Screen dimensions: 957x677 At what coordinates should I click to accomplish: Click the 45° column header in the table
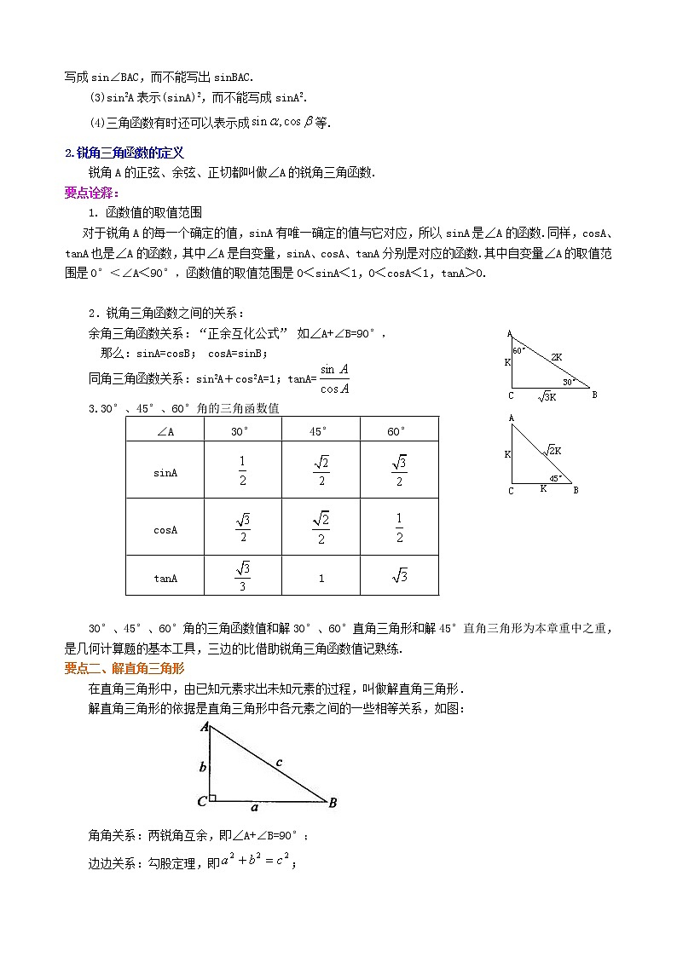click(321, 431)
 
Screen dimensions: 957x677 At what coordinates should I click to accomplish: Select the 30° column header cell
click(242, 431)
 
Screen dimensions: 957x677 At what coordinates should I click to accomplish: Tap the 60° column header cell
click(398, 431)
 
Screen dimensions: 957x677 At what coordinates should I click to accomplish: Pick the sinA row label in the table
click(165, 471)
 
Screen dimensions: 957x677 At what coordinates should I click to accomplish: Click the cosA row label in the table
click(165, 529)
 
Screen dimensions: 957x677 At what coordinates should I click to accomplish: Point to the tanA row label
click(165, 578)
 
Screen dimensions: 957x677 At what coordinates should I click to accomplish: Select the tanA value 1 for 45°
click(321, 578)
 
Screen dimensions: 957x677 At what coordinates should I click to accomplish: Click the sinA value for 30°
click(242, 471)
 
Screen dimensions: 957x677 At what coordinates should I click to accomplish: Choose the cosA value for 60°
click(399, 528)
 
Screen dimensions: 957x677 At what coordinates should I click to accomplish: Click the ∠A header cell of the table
click(165, 431)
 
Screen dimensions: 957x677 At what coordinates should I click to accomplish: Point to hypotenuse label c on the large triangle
click(279, 763)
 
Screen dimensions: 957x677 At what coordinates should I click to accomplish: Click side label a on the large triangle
click(254, 808)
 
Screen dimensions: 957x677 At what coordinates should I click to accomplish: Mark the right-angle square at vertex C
click(212, 798)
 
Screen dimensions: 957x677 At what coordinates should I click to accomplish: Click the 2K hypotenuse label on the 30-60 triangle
click(556, 357)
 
